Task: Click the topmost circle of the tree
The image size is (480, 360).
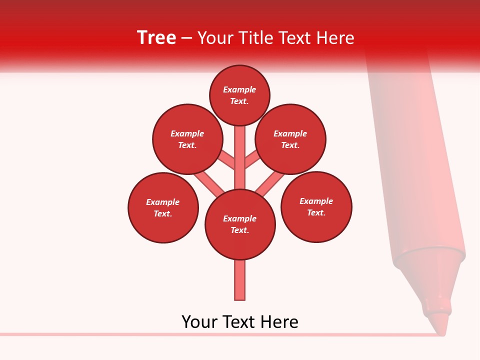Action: click(239, 95)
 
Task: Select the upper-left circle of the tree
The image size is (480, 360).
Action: click(187, 139)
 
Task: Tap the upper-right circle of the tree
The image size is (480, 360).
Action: click(290, 139)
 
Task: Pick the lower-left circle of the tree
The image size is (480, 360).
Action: click(163, 207)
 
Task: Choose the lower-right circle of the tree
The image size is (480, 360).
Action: click(316, 206)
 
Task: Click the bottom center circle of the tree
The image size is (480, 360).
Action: click(240, 224)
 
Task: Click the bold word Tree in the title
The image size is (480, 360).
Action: click(156, 37)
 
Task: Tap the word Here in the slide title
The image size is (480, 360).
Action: click(334, 38)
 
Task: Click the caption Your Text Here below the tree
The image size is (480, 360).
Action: click(240, 321)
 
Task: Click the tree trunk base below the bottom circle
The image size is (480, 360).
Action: click(240, 280)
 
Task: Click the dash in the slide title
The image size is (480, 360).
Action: click(186, 38)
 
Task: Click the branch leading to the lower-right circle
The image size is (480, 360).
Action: click(270, 182)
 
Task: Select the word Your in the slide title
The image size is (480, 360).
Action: click(214, 38)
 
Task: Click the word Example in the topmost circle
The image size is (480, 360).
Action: click(239, 89)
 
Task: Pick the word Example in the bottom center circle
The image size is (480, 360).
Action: click(240, 218)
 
